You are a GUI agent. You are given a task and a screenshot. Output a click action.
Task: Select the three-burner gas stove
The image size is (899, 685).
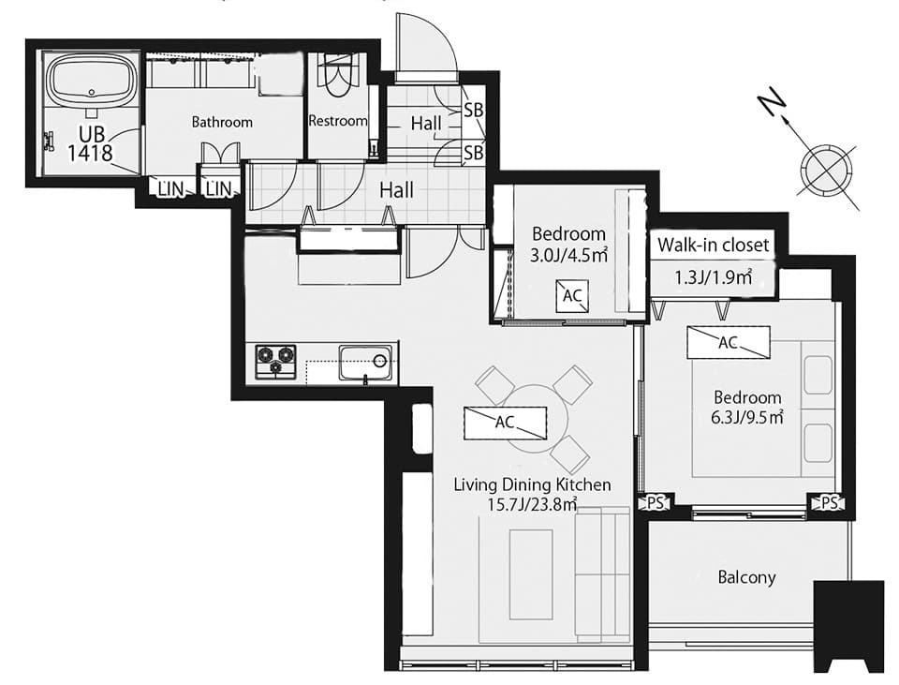275,362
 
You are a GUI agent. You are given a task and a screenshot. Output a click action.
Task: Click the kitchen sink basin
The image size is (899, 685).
365,363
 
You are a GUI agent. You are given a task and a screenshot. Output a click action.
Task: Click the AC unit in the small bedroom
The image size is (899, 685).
572,296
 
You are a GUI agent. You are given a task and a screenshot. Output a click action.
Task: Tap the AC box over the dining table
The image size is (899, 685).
505,423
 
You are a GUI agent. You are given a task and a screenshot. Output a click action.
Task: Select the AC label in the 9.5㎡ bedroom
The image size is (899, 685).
729,343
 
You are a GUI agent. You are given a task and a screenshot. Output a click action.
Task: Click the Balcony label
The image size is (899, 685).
746,577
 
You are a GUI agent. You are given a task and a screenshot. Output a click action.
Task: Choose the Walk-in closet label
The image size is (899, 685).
713,245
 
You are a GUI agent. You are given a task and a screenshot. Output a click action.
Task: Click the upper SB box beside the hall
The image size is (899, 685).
474,111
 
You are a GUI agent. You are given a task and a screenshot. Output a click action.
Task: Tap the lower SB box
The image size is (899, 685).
474,153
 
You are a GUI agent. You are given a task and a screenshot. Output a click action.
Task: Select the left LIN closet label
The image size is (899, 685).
169,188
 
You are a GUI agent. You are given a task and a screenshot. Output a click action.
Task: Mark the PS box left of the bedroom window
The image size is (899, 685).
655,503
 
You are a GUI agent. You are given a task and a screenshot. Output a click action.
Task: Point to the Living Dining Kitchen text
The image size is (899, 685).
532,484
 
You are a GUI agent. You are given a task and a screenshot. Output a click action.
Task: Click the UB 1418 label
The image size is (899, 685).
91,144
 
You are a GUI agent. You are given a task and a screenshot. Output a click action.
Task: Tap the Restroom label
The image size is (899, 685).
338,121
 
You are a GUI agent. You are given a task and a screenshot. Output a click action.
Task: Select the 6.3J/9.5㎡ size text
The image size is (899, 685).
747,417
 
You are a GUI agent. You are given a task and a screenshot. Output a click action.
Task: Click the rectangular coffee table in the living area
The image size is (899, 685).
532,574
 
